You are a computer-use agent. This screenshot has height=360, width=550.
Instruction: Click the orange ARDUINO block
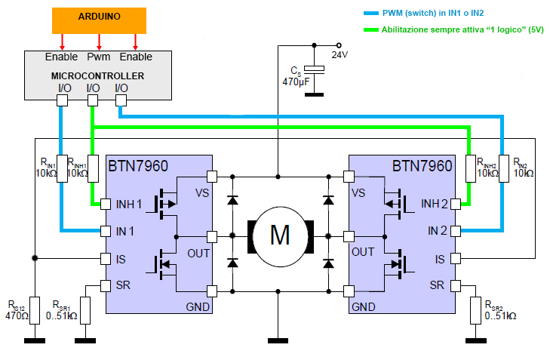coord(99,20)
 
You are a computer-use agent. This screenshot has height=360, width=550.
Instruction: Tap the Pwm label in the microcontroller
coord(99,57)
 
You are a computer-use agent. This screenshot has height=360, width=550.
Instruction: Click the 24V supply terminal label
coord(340,55)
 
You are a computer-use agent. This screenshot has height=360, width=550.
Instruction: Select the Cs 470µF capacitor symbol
coord(314,69)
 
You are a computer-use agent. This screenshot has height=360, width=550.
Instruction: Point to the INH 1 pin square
coord(106,205)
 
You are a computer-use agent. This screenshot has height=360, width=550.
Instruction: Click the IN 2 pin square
coord(455,231)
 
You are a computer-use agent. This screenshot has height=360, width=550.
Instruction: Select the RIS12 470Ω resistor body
coord(35,310)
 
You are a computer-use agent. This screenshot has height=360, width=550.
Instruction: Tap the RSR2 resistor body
coord(475,310)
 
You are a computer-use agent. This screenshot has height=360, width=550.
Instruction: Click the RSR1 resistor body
coord(85,310)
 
